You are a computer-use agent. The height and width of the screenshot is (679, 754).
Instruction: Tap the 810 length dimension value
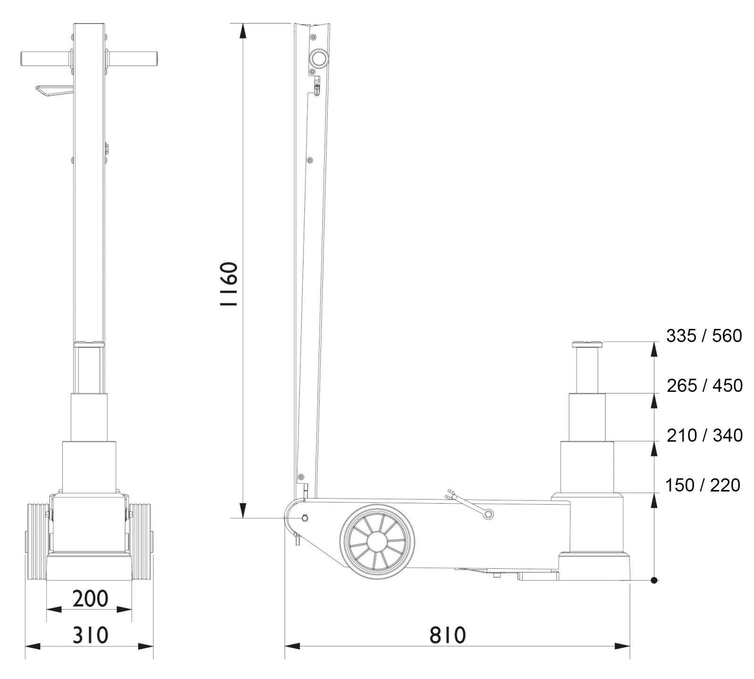pos(447,635)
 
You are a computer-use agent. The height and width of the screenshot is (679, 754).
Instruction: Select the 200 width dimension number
pos(90,598)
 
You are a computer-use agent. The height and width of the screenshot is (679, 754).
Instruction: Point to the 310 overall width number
pos(90,635)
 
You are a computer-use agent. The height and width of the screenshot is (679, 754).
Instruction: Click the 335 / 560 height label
pos(704,336)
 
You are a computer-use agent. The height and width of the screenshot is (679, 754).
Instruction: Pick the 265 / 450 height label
pos(705,385)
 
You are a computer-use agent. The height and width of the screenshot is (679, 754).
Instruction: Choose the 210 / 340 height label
pos(705,435)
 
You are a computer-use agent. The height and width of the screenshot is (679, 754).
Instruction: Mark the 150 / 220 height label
pos(703,485)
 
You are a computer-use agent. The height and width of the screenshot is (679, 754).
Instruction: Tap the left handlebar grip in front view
pos(46,58)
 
